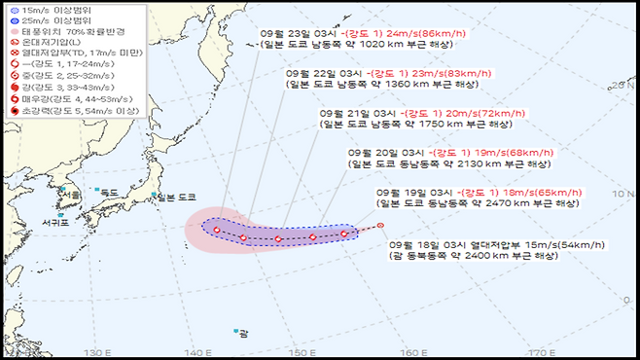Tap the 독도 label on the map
pos(109,193)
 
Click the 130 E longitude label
pos(95,351)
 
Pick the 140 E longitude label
pos(198,351)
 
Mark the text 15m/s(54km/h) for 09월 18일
pos(541,244)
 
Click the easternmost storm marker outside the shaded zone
pos(379,227)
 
